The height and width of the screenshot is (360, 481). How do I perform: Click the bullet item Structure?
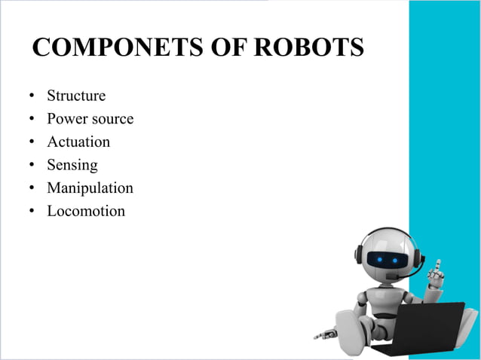(76, 96)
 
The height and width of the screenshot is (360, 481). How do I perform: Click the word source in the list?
(113, 119)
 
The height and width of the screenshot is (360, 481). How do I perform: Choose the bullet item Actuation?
(78, 142)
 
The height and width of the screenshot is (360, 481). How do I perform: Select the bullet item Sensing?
(72, 165)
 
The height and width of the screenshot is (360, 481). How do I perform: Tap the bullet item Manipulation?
(90, 188)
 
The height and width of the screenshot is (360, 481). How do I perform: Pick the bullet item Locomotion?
(86, 211)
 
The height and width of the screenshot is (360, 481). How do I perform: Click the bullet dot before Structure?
(32, 96)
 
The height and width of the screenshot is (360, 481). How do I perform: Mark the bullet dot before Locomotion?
(32, 212)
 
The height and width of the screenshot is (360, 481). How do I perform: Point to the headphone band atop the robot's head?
(384, 230)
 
